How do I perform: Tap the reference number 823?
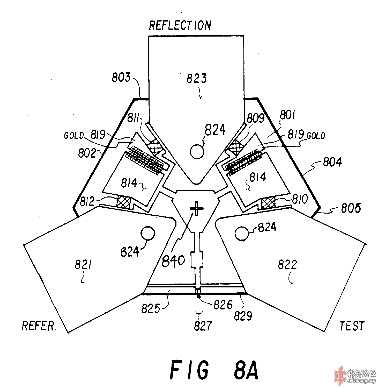click(197, 78)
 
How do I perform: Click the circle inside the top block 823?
click(197, 151)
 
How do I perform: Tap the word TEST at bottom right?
click(352, 326)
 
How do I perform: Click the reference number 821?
click(83, 265)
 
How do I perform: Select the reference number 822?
click(287, 265)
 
